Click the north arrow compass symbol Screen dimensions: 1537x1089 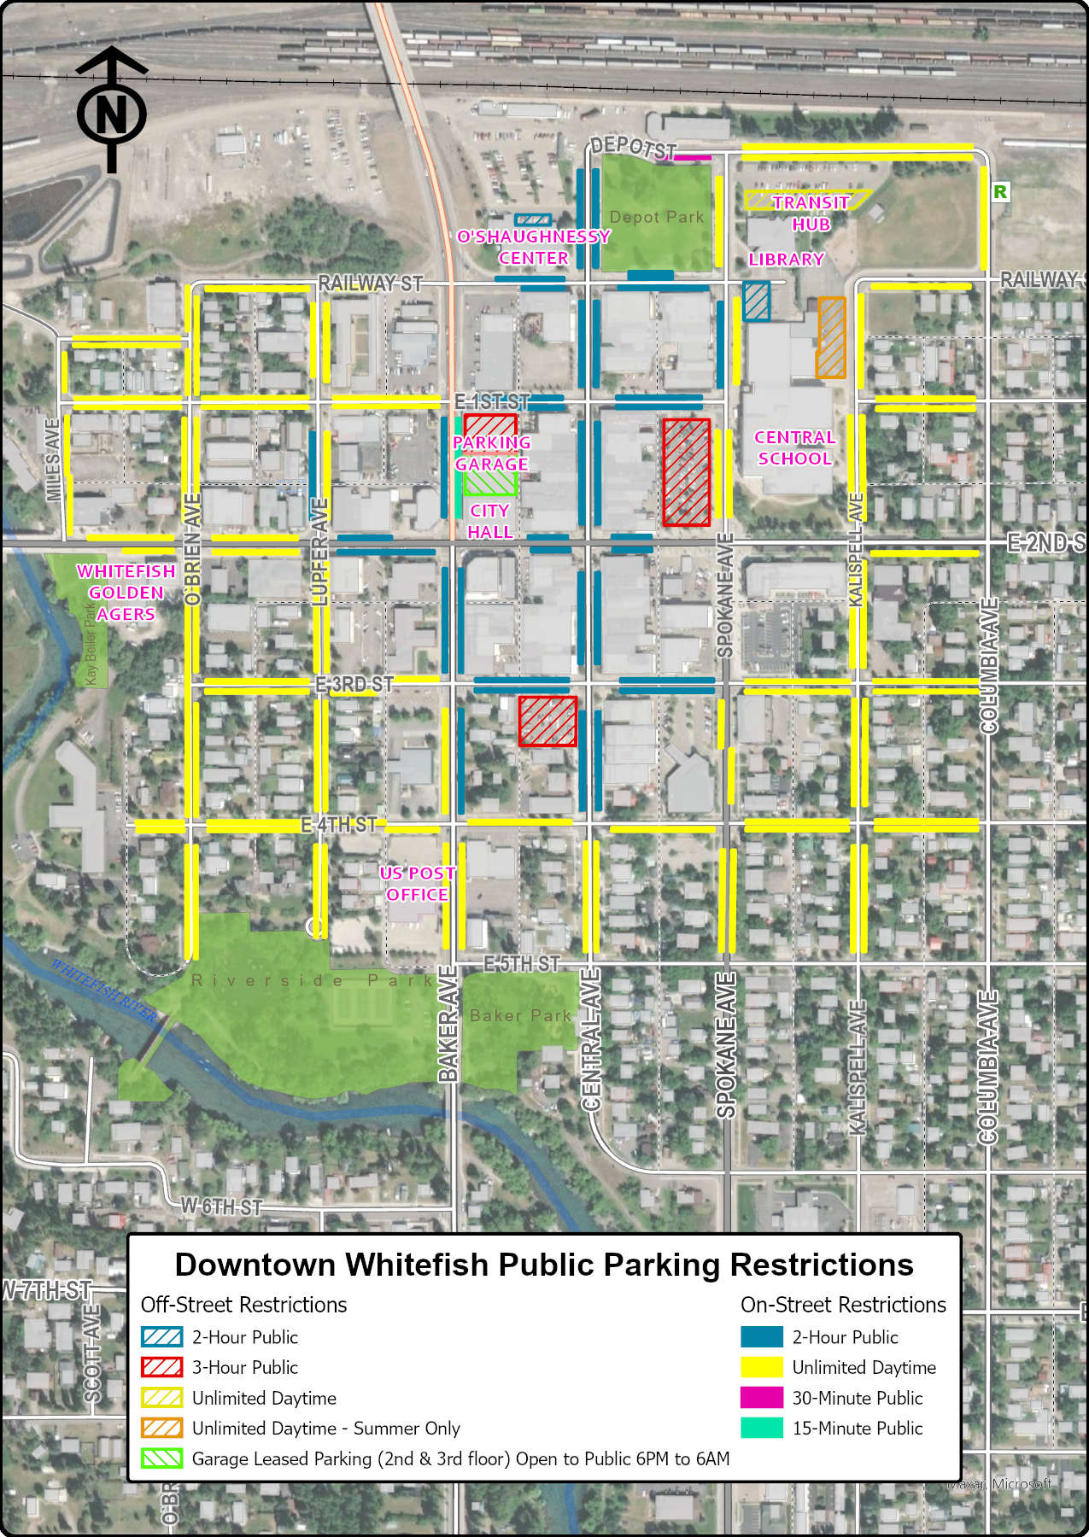pyautogui.click(x=111, y=111)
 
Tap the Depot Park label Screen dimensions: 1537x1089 pyautogui.click(x=656, y=218)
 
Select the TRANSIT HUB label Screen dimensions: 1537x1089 pyautogui.click(x=810, y=213)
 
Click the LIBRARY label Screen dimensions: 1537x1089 pyautogui.click(x=786, y=260)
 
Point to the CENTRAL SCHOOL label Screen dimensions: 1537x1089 pyautogui.click(x=794, y=448)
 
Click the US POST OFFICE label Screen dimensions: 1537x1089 pyautogui.click(x=417, y=884)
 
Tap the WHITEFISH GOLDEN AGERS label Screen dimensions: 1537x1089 pyautogui.click(x=126, y=593)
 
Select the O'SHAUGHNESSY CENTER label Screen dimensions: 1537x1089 pyautogui.click(x=533, y=247)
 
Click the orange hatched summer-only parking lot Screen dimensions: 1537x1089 pyautogui.click(x=831, y=337)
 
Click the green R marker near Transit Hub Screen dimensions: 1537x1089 pyautogui.click(x=999, y=192)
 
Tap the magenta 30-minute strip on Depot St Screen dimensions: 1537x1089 pyautogui.click(x=693, y=157)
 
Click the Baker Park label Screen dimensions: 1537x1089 pyautogui.click(x=520, y=1015)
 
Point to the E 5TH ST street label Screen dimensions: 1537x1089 pyautogui.click(x=522, y=964)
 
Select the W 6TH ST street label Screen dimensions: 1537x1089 pyautogui.click(x=221, y=1207)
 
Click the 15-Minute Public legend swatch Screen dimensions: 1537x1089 pyautogui.click(x=761, y=1428)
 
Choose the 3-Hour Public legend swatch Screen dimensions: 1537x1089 pyautogui.click(x=161, y=1367)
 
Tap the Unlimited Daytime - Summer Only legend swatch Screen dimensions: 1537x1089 pyautogui.click(x=161, y=1428)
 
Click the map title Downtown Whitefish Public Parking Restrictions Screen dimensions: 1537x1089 pyautogui.click(x=544, y=1265)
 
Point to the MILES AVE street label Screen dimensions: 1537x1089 pyautogui.click(x=53, y=459)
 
